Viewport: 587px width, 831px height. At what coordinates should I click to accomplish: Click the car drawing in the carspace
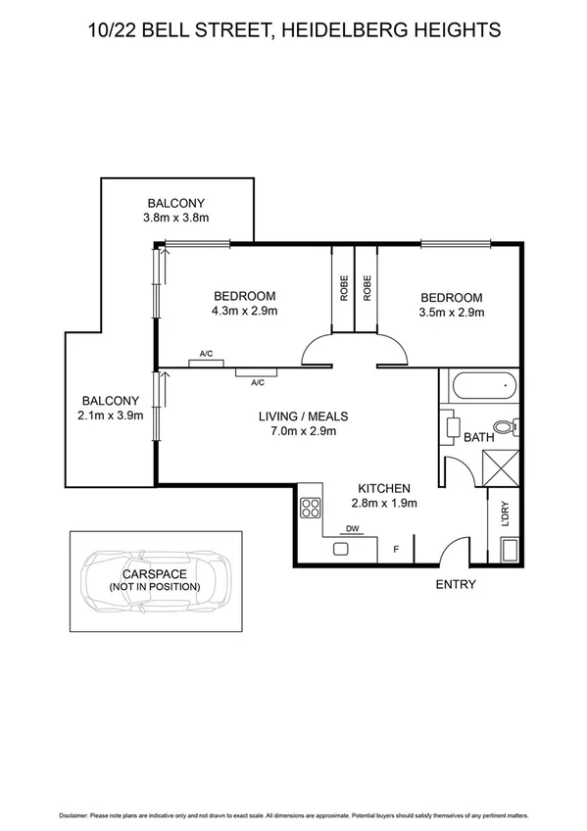[156, 585]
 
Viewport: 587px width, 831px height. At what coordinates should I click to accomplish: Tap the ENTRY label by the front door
[455, 585]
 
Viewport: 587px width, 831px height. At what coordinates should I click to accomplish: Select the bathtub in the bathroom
[480, 386]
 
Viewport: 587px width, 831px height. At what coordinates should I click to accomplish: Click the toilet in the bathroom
[505, 426]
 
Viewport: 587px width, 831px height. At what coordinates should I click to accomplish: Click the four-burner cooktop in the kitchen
[311, 508]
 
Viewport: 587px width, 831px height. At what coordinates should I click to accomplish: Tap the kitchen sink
[342, 549]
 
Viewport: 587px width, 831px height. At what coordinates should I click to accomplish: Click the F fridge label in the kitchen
[396, 550]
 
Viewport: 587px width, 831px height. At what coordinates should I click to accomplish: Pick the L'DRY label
[506, 515]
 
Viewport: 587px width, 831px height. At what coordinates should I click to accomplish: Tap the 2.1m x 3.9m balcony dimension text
[111, 415]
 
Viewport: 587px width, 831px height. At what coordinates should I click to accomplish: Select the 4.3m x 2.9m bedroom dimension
[244, 312]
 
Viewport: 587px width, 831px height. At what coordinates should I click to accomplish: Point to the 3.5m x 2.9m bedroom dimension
[451, 313]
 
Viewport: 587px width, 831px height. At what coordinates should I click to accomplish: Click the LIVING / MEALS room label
[303, 415]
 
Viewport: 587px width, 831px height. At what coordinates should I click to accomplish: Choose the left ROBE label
[344, 286]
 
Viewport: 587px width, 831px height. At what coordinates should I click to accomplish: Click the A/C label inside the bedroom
[207, 353]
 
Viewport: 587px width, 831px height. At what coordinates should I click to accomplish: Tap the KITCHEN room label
[384, 488]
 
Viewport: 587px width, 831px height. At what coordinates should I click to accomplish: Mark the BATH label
[478, 438]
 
